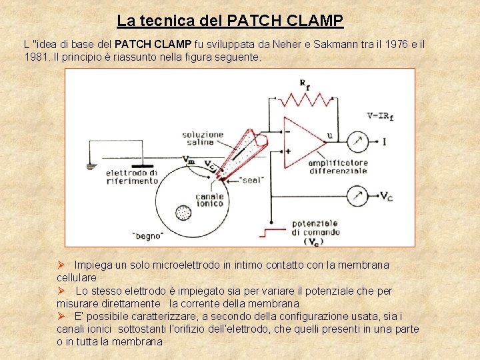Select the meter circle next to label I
tap(358, 141)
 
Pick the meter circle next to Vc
tap(358, 196)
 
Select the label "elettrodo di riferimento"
tap(132, 177)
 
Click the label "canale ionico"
tap(209, 201)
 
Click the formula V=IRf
tap(380, 115)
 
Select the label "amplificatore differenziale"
tap(337, 166)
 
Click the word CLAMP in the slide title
tap(307, 21)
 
